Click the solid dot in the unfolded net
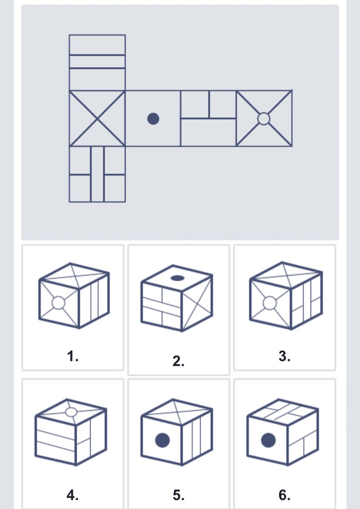[153, 119]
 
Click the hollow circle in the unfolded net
[264, 119]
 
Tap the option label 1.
[73, 356]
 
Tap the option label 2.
[179, 361]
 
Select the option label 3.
[285, 356]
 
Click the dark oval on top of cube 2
[177, 278]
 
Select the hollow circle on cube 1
[59, 303]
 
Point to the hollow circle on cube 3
[270, 303]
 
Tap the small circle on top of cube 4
[71, 412]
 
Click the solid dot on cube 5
[162, 440]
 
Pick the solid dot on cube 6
[268, 440]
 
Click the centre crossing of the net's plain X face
[97, 119]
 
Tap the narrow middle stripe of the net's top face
[97, 62]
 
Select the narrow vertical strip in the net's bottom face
[98, 174]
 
